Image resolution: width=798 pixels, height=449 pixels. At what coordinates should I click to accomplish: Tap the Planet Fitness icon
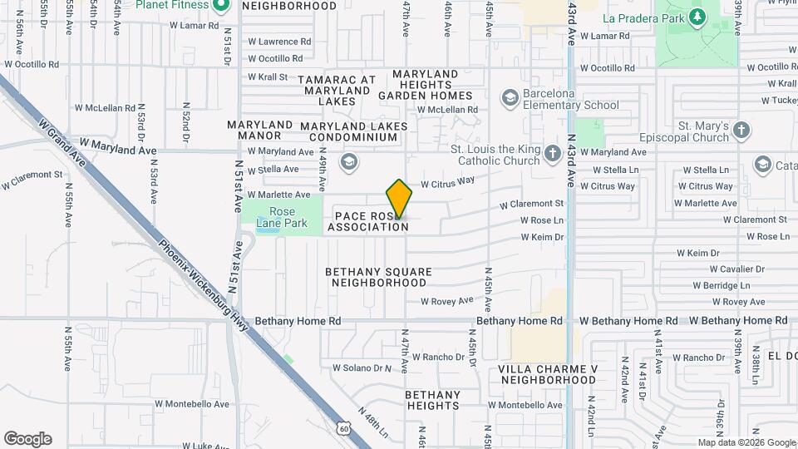click(x=220, y=7)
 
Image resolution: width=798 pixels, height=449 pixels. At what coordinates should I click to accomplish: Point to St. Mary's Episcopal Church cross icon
click(x=741, y=131)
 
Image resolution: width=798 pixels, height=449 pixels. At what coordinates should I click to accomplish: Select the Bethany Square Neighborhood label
click(x=378, y=277)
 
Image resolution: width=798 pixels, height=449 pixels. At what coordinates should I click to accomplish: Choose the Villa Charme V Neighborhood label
click(x=548, y=373)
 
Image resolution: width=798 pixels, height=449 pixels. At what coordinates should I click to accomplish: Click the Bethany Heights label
click(x=432, y=400)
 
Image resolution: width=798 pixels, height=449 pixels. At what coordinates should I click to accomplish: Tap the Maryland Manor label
click(x=259, y=130)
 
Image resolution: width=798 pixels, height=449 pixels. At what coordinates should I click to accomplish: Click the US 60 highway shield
click(x=344, y=427)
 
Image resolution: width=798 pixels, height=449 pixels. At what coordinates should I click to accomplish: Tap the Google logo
click(x=27, y=439)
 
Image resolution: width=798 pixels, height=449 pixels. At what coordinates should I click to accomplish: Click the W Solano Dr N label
click(x=362, y=368)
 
